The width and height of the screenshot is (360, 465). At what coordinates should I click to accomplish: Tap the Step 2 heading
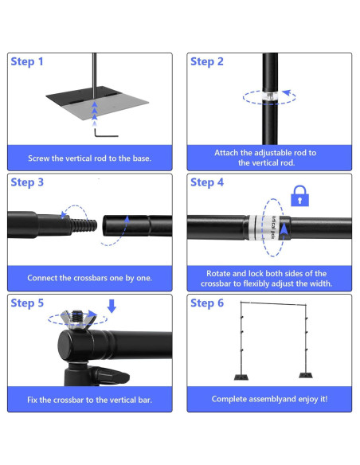coord(207,61)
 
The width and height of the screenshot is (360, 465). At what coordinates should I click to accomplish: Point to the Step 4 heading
coord(207,182)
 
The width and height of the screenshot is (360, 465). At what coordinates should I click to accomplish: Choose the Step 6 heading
coord(207,303)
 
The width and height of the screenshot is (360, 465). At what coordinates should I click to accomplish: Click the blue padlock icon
coord(299,195)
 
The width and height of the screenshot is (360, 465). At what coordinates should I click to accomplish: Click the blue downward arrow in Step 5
coord(111,306)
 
